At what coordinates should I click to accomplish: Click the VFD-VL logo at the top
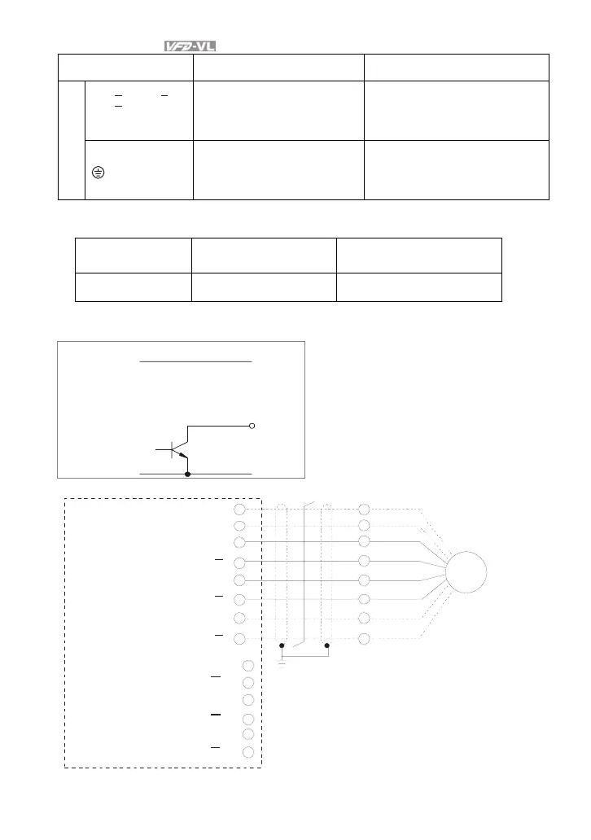pos(192,46)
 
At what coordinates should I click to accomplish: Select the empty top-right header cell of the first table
pos(456,68)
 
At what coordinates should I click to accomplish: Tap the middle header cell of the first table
pos(278,68)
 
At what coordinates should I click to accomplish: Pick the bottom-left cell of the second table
pos(133,287)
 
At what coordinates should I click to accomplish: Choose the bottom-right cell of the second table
pos(418,287)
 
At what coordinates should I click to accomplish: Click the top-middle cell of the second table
pos(263,255)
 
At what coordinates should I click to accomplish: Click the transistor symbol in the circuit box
pos(176,450)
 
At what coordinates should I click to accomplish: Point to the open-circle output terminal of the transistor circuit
pos(252,426)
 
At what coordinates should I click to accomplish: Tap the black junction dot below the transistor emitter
pos(188,473)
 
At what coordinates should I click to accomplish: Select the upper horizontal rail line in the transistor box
pos(195,360)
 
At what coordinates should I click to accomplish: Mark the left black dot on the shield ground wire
pos(282,645)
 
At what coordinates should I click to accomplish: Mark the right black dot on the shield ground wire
pos(327,645)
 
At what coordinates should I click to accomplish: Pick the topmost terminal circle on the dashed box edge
pos(239,509)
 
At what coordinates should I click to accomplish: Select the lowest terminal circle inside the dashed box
pos(248,751)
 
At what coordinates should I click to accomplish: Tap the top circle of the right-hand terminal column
pos(364,509)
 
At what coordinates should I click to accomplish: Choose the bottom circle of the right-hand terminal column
pos(364,637)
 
